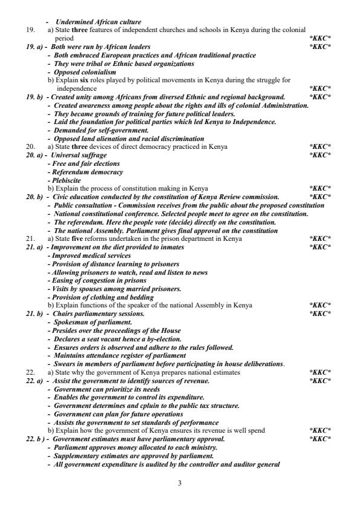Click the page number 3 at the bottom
tap(180, 484)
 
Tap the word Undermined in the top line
tap(71, 22)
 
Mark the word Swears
tap(64, 364)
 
